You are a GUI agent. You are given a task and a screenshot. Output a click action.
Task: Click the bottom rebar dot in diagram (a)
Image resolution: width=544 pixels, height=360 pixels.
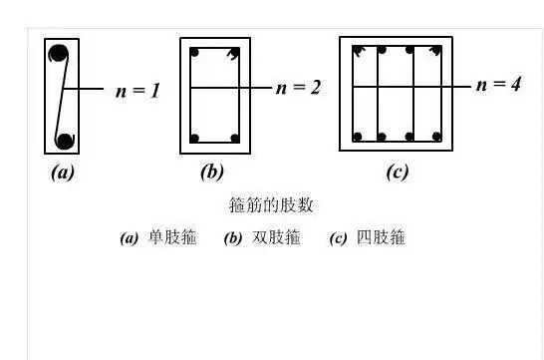tap(65, 140)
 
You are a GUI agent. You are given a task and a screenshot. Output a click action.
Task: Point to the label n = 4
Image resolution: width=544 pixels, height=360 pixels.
tap(498, 85)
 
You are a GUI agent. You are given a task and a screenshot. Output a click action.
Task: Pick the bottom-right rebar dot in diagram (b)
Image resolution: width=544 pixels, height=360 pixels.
tap(234, 138)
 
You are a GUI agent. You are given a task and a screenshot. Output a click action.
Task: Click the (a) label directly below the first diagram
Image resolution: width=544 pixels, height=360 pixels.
tap(63, 173)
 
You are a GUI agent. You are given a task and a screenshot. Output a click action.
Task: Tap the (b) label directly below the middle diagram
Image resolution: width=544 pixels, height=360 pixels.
tap(211, 173)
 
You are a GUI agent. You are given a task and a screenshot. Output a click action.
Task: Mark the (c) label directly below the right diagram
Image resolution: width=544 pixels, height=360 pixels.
tap(397, 173)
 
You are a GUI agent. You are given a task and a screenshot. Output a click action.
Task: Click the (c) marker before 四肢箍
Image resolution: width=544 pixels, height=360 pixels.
tap(339, 239)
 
